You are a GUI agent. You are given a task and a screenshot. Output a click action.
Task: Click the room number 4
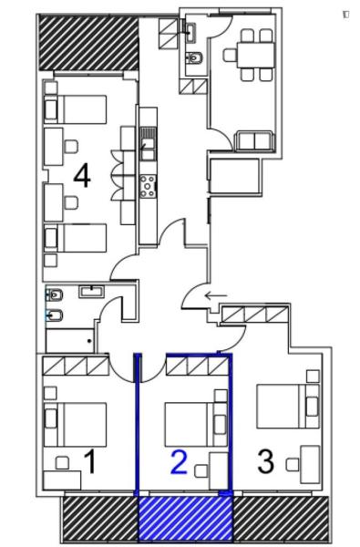81,176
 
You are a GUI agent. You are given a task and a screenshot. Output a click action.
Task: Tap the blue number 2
179,462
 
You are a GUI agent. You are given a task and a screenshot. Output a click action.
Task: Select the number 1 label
90,461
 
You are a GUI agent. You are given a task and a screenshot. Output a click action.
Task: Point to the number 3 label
265,461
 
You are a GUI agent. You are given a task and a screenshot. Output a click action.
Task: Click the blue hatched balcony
185,518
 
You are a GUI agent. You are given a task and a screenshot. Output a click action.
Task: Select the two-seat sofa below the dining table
252,141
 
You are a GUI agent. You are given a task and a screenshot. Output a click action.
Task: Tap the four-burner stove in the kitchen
147,186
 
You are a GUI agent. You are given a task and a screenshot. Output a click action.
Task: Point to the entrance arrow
216,294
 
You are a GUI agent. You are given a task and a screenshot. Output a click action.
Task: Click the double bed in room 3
283,407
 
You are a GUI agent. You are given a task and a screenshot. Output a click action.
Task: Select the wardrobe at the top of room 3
255,315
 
